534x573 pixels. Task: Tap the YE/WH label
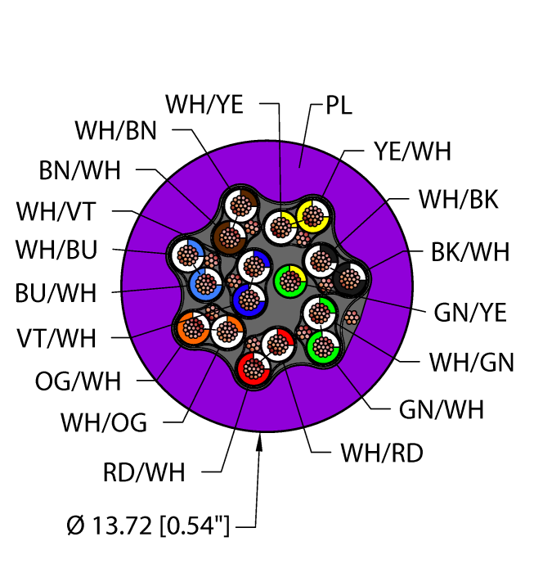tap(412, 151)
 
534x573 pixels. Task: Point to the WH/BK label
tap(458, 199)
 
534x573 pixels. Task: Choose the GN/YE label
tap(470, 312)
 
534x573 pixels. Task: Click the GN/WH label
tap(441, 408)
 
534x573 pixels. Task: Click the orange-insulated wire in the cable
tap(193, 329)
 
